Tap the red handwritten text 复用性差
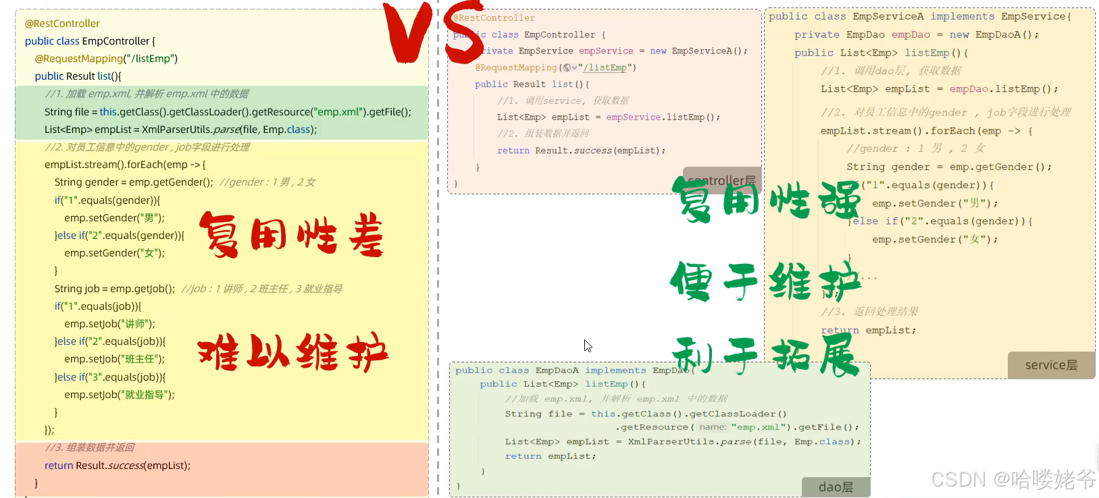click(x=291, y=236)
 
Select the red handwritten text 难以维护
click(x=292, y=353)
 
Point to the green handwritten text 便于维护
click(x=765, y=281)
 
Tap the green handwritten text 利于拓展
click(x=765, y=356)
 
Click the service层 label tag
click(x=1051, y=365)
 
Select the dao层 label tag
click(x=836, y=487)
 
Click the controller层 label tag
click(x=721, y=180)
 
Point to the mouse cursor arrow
click(x=588, y=345)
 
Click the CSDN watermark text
click(x=1013, y=480)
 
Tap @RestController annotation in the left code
click(x=62, y=24)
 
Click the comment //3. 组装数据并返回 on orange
click(x=90, y=447)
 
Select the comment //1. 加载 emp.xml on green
click(x=147, y=94)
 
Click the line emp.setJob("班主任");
click(x=114, y=359)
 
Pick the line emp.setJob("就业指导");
click(x=119, y=395)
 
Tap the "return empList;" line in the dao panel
click(x=550, y=456)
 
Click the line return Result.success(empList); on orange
click(x=118, y=466)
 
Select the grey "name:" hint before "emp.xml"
click(x=713, y=427)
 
